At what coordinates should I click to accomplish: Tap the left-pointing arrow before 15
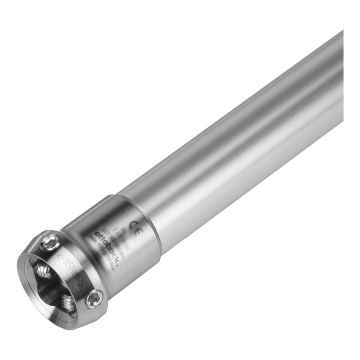pos(59,256)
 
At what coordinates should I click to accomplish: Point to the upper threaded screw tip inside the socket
pos(44,271)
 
